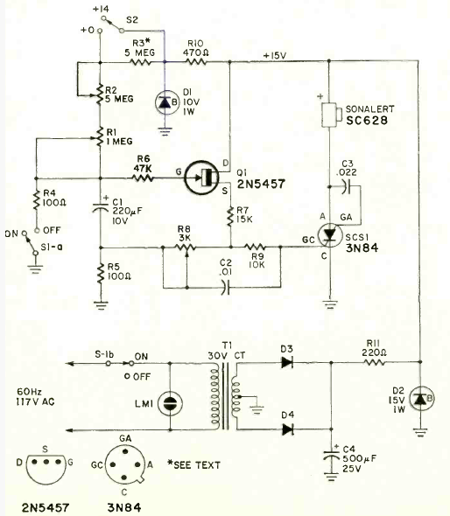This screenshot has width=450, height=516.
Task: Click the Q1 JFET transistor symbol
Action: [x=201, y=178]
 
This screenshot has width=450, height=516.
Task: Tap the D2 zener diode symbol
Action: [x=421, y=399]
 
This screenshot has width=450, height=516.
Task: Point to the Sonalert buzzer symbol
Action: [x=330, y=115]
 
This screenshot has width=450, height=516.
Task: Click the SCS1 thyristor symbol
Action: [x=330, y=235]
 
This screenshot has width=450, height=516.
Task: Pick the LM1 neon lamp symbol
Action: [x=170, y=403]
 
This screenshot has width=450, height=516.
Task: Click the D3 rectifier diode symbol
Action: [x=287, y=363]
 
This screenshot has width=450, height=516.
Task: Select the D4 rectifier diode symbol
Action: [x=287, y=429]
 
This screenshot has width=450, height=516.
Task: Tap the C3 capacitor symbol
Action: [x=346, y=186]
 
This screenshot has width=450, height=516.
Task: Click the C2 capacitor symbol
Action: [x=225, y=287]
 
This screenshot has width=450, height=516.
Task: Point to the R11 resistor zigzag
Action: [x=374, y=362]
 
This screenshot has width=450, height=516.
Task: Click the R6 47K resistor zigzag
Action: [x=143, y=178]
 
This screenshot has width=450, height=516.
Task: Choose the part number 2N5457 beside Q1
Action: [x=261, y=184]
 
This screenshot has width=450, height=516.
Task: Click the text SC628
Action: [x=367, y=121]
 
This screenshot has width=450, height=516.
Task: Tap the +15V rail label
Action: [x=274, y=56]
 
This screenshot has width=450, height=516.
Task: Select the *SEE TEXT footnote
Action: [x=193, y=464]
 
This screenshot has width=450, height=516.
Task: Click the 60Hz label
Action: [x=29, y=392]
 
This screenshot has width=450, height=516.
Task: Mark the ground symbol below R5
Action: [x=101, y=304]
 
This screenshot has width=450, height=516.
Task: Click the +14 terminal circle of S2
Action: [x=104, y=18]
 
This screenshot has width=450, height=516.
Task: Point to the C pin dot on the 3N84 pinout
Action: [x=124, y=478]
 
